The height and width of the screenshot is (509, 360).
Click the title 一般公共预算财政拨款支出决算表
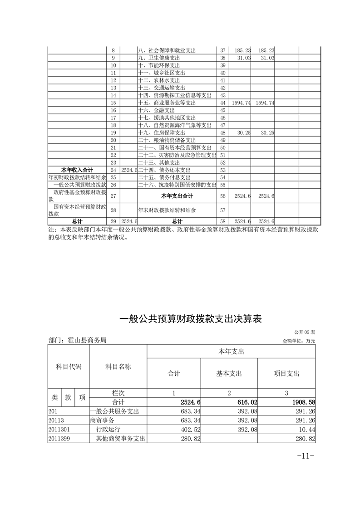[191, 319]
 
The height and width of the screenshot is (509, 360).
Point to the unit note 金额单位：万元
[298, 341]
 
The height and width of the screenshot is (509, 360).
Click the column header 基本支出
[229, 373]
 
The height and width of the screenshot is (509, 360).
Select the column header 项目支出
[286, 373]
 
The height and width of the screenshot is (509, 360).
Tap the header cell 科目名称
[118, 367]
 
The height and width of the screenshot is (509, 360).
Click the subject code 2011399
[60, 438]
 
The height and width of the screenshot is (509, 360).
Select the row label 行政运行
[108, 429]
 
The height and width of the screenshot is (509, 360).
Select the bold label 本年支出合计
[177, 196]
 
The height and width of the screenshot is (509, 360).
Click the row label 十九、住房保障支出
[161, 132]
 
